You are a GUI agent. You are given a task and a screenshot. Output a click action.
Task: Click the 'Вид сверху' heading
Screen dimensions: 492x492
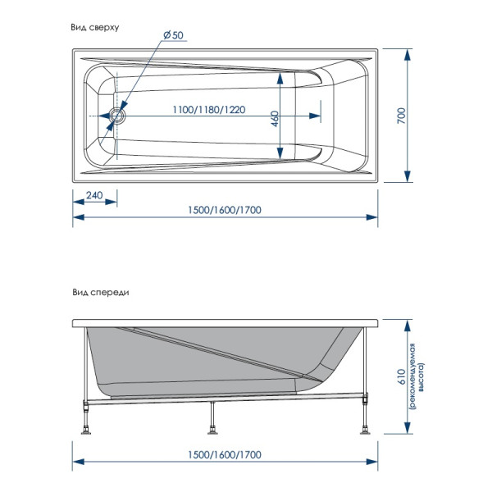coord(96,27)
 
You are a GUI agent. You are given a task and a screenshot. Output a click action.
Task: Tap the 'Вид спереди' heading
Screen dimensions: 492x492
coord(101,291)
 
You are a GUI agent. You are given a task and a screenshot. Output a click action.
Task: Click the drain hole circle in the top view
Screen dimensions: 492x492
coord(117,116)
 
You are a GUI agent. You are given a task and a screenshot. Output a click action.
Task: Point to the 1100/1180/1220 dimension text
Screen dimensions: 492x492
coord(209,109)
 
